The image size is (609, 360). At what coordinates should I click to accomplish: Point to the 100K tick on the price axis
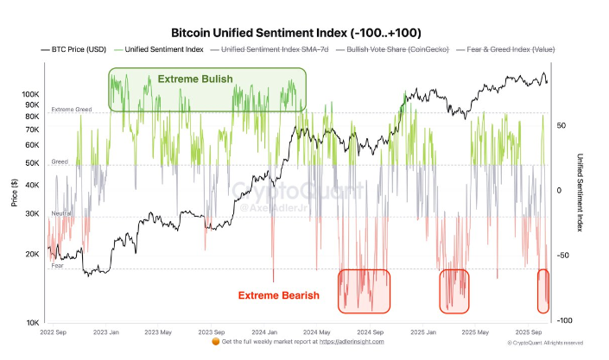pos(31,93)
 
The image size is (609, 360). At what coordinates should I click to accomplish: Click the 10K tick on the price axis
pos(33,322)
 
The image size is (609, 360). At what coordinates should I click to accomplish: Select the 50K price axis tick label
pos(33,162)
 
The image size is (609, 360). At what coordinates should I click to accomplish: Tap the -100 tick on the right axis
pos(564,320)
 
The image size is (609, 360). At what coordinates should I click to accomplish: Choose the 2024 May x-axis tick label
pos(319,331)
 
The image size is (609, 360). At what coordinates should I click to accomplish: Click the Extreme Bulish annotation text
pos(194,79)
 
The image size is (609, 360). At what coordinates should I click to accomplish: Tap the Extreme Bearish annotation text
pos(279,295)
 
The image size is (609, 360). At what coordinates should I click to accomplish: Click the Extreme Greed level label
pos(71,110)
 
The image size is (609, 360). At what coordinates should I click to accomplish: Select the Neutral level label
pos(60,212)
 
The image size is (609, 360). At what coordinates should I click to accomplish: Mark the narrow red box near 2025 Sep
pos(543,290)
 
